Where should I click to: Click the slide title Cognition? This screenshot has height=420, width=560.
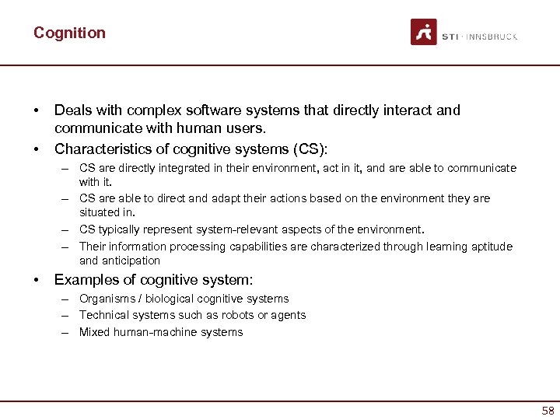[x=69, y=33]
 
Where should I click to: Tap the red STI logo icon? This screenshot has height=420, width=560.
[x=424, y=32]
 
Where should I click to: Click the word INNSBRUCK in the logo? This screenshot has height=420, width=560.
[x=492, y=37]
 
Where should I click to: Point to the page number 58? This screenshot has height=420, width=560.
[x=548, y=411]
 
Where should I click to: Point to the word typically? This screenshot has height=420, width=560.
[x=121, y=229]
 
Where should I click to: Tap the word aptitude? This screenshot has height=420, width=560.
[x=489, y=247]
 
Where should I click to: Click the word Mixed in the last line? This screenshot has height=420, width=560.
[x=94, y=332]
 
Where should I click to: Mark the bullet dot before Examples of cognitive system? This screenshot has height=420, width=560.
[x=37, y=279]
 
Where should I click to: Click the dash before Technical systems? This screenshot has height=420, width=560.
[x=68, y=315]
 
